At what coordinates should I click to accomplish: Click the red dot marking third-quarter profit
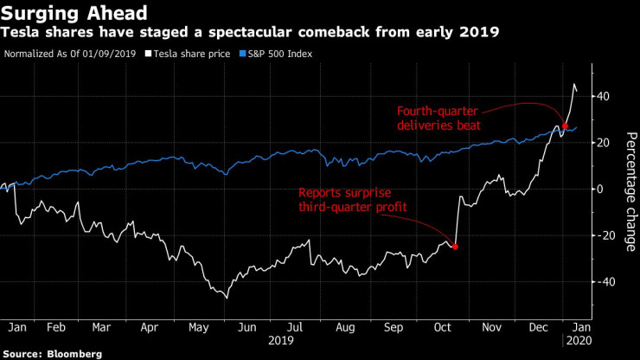click(x=456, y=247)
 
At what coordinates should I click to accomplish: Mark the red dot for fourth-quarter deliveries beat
click(x=565, y=126)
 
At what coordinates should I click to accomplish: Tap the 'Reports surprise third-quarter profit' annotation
click(x=353, y=200)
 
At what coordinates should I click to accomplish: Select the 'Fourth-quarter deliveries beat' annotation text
click(x=438, y=119)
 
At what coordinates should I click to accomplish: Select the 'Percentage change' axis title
click(x=630, y=191)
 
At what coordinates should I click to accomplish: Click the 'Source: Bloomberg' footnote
click(x=51, y=353)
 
